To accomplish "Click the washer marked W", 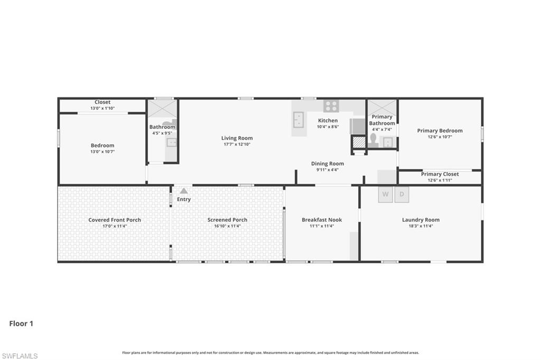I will (x=385, y=195).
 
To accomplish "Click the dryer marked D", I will (x=402, y=195).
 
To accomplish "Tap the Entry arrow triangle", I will (x=184, y=191).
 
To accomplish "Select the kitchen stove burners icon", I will (x=331, y=106).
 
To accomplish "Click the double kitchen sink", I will (x=299, y=120).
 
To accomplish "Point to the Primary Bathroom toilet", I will (x=373, y=140).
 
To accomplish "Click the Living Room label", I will (x=237, y=138).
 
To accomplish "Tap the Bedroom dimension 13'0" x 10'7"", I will (x=102, y=151).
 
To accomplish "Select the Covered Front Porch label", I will (x=115, y=220).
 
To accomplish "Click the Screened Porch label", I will (x=227, y=220).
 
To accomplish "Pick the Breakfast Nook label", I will (x=322, y=220).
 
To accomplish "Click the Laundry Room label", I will (x=421, y=220).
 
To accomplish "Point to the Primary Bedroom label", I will (x=440, y=131).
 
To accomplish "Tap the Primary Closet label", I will (x=440, y=174).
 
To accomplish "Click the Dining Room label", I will (x=327, y=164).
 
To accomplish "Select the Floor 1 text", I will (x=21, y=324).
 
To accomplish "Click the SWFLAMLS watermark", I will (x=20, y=356).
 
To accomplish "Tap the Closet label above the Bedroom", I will (x=102, y=102).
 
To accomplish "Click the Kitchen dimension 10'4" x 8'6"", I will (x=328, y=127).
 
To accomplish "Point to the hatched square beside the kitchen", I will (x=359, y=142).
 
